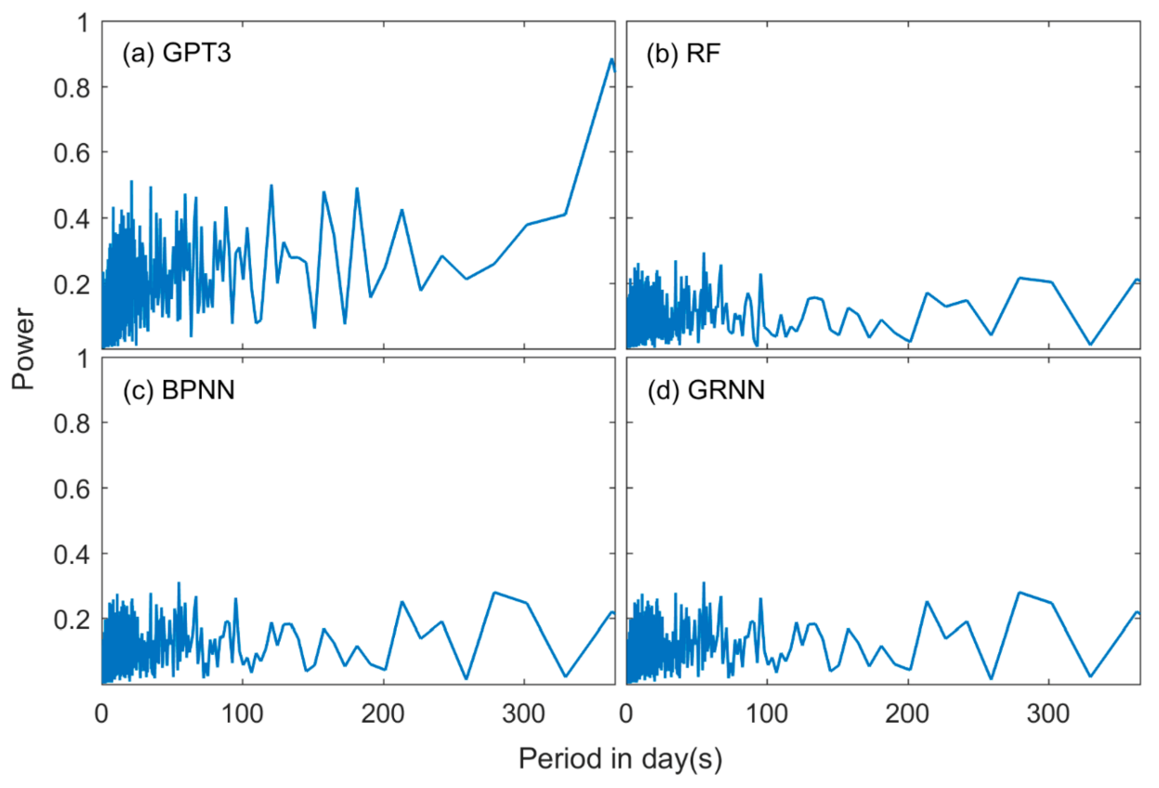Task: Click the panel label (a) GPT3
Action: [178, 54]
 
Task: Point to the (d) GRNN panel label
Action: [706, 390]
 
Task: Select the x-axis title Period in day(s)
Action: [620, 758]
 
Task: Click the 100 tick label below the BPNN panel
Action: [243, 715]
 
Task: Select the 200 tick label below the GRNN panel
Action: [908, 715]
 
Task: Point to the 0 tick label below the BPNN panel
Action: [101, 715]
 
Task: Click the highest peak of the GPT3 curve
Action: [611, 59]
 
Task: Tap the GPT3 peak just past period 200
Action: [402, 209]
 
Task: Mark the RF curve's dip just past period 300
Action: [1090, 345]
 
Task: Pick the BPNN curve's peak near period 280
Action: [494, 592]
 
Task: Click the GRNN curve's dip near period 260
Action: [992, 679]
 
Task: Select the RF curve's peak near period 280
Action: [1020, 278]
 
